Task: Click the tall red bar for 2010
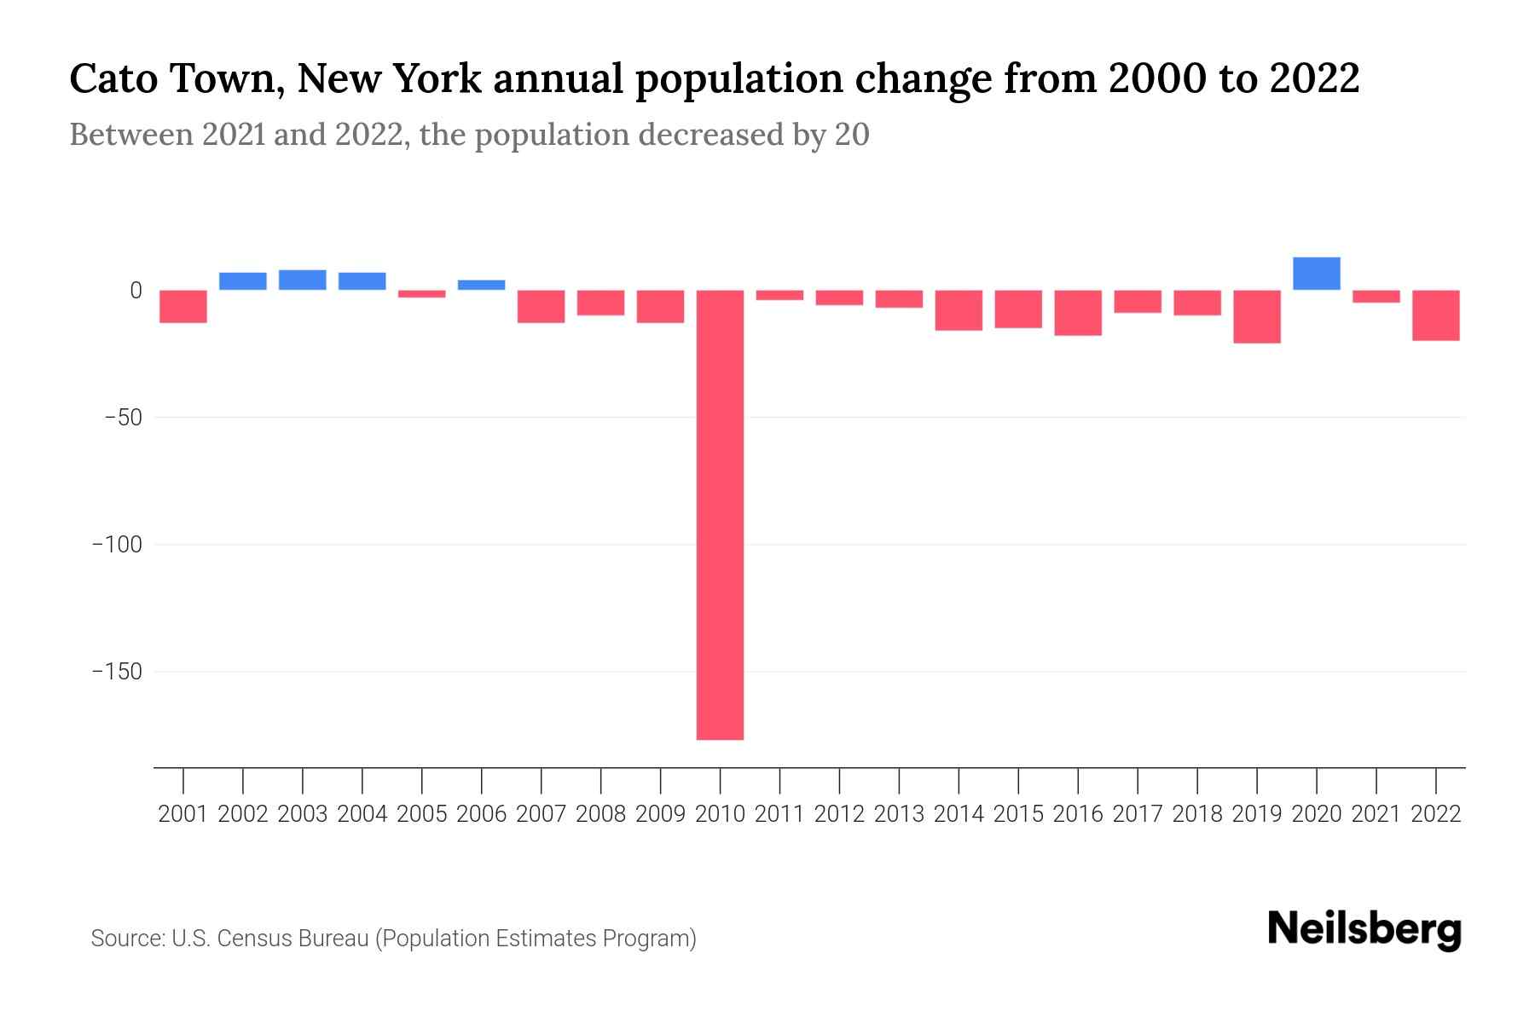(x=720, y=514)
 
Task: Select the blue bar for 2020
(x=1316, y=274)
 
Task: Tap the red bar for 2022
(x=1435, y=315)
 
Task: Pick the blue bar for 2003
(x=303, y=280)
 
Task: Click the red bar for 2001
(x=183, y=306)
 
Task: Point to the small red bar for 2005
(x=422, y=294)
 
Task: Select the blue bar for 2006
(x=482, y=285)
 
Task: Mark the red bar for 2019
(x=1256, y=316)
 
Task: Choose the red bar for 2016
(x=1078, y=313)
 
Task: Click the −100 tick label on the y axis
(x=117, y=545)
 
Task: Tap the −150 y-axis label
(x=117, y=672)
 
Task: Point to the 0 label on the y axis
(x=136, y=291)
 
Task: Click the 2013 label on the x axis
(x=899, y=814)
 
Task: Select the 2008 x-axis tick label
(x=601, y=814)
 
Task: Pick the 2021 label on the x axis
(x=1376, y=814)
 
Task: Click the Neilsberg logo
(x=1364, y=930)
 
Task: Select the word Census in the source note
(x=253, y=939)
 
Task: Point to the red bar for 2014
(x=959, y=310)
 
